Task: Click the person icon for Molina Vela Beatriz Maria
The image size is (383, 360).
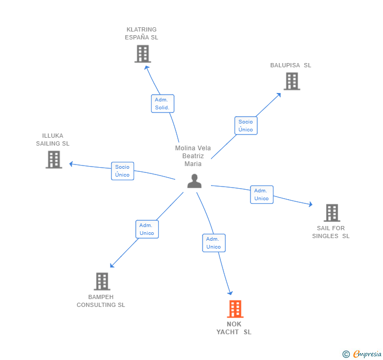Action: [195, 181]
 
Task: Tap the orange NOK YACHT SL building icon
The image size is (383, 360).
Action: [235, 309]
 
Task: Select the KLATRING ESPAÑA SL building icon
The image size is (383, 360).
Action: [143, 54]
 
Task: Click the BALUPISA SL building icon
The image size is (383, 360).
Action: [291, 81]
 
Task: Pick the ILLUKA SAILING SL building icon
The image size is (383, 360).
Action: [54, 160]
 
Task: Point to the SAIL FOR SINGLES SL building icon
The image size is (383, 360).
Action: [331, 213]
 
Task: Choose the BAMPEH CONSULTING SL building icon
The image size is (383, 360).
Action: [102, 281]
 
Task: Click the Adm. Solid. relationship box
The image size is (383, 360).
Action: [162, 104]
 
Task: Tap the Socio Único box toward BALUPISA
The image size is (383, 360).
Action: [246, 126]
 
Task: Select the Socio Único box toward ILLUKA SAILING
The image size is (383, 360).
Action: [123, 171]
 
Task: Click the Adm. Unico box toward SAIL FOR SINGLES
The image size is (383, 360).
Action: [261, 194]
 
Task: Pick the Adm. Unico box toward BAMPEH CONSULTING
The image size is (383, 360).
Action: [147, 229]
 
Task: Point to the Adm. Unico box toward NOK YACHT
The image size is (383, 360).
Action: [214, 243]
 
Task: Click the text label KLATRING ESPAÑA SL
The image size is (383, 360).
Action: [142, 34]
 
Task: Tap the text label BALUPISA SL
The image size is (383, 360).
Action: [290, 65]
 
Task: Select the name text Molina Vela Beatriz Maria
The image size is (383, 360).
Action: [193, 156]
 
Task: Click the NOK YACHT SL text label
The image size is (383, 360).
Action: [234, 328]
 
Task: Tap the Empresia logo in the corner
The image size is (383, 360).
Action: [362, 354]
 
